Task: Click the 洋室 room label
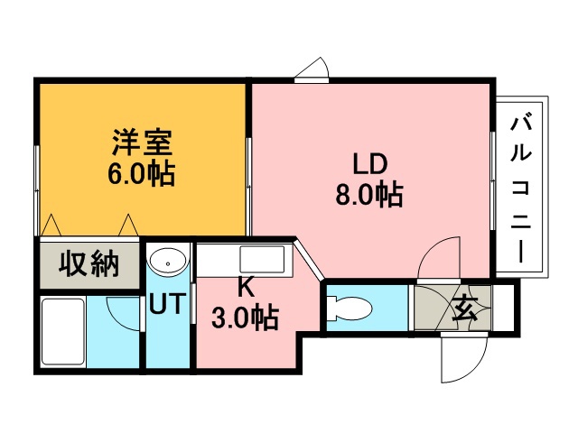(x=143, y=143)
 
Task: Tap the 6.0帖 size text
(x=141, y=173)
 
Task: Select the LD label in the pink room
(x=370, y=164)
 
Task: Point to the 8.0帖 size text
(x=369, y=194)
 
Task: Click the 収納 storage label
(x=89, y=263)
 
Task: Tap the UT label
(x=167, y=303)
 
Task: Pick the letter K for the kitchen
(x=246, y=288)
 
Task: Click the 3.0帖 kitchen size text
(x=245, y=317)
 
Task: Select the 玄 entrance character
(x=465, y=309)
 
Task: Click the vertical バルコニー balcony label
(x=521, y=189)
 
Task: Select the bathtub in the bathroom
(x=62, y=331)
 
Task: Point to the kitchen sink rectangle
(x=262, y=259)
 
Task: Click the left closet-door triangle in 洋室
(x=51, y=225)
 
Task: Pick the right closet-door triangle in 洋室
(x=128, y=225)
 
